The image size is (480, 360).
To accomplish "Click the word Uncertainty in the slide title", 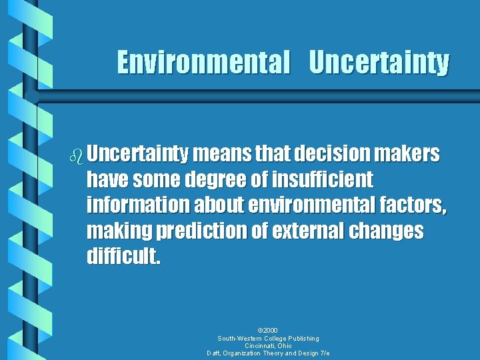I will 379,63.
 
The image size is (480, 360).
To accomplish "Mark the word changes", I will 389,231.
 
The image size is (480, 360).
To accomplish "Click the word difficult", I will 123,257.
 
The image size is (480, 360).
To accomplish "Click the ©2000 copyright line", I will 267,331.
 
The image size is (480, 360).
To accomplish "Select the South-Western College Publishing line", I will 268,339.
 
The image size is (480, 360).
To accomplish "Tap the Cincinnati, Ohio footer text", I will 268,346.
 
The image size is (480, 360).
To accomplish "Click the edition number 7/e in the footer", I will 323,353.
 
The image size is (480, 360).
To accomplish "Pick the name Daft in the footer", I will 213,353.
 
